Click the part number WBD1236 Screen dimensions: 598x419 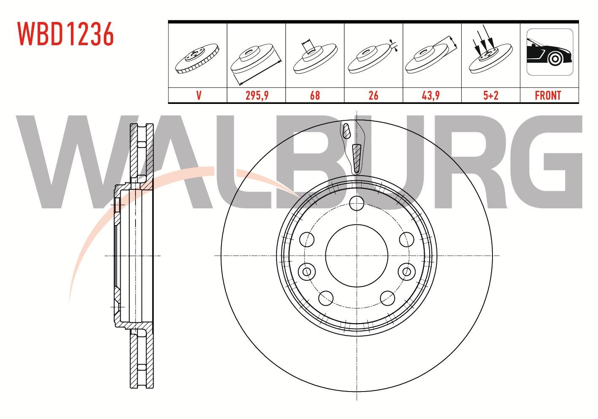point(65,34)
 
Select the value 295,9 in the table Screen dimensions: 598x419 point(257,95)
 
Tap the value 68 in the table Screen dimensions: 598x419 point(315,95)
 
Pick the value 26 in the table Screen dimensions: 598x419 point(373,95)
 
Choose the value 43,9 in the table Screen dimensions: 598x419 point(430,95)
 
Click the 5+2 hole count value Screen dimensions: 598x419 point(491,95)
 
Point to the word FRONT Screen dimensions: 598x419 point(548,95)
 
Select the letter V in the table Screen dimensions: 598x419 point(199,95)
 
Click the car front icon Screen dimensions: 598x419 point(550,52)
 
